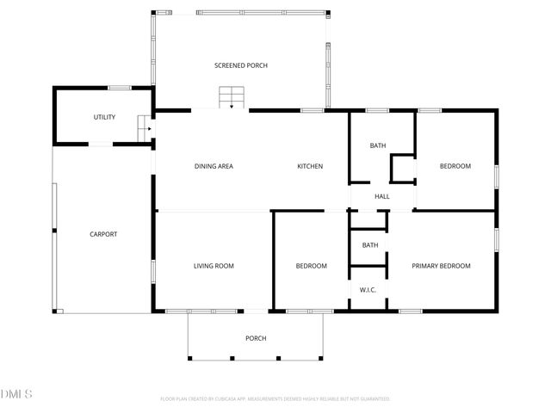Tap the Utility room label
(105, 117)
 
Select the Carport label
(103, 234)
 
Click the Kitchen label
(310, 166)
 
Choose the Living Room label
(214, 266)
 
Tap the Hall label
(382, 196)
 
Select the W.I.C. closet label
(368, 290)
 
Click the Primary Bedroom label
(441, 266)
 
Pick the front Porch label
(256, 338)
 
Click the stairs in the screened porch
(232, 97)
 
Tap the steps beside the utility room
(145, 129)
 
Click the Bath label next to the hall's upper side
(378, 145)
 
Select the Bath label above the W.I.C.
(369, 245)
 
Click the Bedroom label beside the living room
(311, 266)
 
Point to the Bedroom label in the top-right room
(455, 166)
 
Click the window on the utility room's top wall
(120, 88)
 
